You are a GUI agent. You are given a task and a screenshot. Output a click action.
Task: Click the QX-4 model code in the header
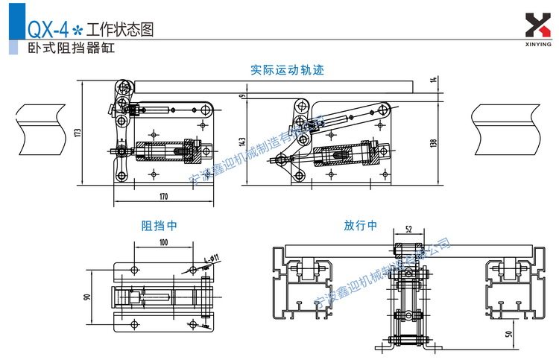click(47, 30)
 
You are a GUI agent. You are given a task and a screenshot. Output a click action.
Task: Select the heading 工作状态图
click(119, 30)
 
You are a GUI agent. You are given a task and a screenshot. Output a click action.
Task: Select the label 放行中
click(361, 224)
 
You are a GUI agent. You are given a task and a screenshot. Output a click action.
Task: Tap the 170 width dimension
click(162, 197)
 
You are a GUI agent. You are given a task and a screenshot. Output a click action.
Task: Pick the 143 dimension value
click(242, 141)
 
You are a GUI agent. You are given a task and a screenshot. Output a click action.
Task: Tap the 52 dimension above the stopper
click(408, 230)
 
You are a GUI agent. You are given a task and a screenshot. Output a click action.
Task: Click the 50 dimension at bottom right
click(509, 334)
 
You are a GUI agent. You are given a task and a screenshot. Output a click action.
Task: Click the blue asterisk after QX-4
click(77, 31)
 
